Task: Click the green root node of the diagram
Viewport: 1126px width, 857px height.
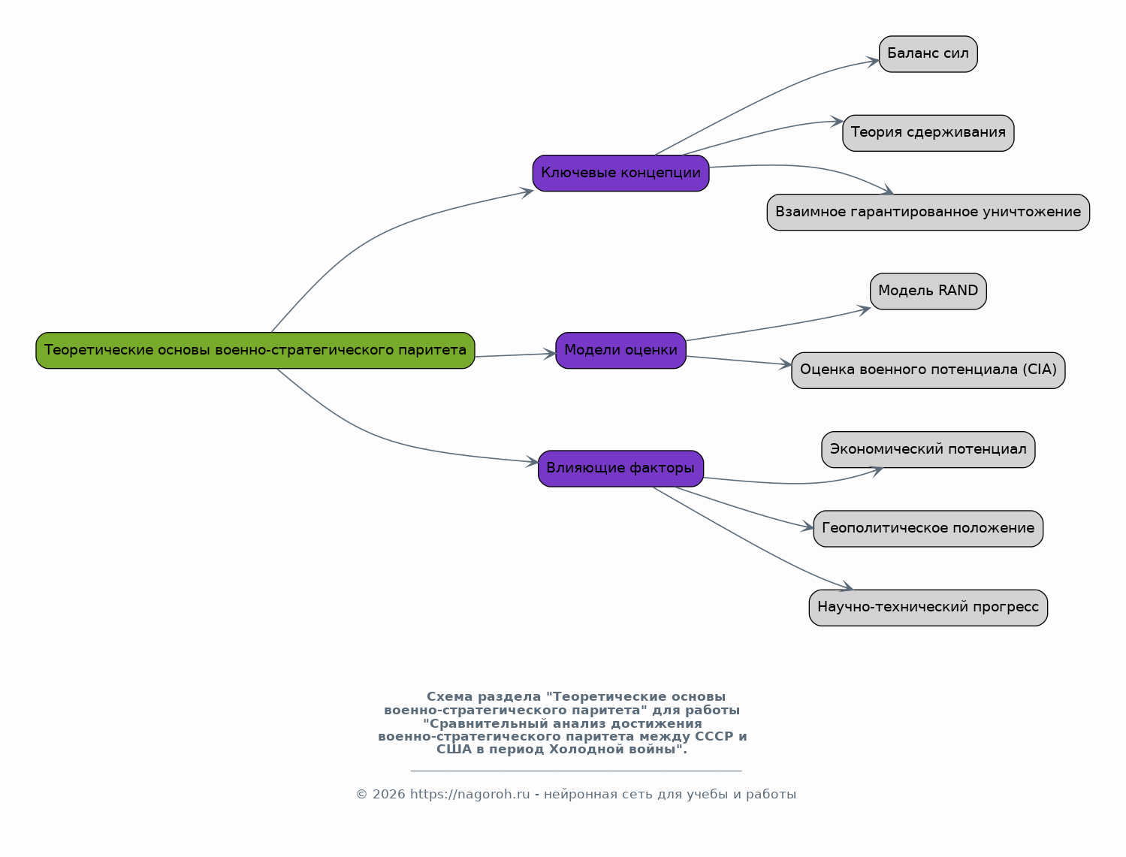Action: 255,350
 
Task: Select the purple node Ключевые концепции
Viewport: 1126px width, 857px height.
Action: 620,174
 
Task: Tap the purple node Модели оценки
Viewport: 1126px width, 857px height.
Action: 620,350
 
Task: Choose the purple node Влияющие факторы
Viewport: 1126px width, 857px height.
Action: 620,469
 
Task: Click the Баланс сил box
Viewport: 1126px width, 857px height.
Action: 928,54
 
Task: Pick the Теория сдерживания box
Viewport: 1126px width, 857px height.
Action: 928,133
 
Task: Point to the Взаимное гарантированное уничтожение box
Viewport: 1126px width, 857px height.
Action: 928,213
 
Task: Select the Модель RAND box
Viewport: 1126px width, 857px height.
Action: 928,291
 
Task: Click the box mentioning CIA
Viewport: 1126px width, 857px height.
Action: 928,370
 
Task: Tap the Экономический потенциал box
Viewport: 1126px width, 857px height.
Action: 928,449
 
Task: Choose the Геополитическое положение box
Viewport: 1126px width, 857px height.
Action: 928,529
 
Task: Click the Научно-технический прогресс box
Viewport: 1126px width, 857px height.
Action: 928,608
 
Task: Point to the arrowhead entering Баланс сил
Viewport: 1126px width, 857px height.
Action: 874,62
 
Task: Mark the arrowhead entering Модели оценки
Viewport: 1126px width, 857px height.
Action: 550,354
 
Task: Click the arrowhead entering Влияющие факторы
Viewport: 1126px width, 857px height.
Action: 533,461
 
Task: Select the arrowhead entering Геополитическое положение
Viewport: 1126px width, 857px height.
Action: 808,527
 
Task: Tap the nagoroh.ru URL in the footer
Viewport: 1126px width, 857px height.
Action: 469,795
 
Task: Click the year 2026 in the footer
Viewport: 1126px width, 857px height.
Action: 388,795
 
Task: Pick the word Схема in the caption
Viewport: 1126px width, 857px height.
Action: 449,697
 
